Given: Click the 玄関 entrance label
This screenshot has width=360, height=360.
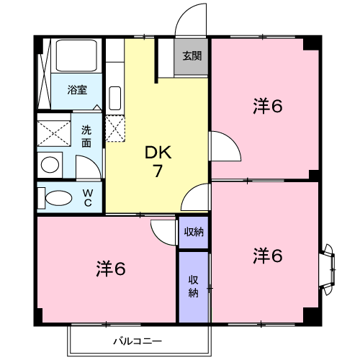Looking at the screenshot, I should [192, 55].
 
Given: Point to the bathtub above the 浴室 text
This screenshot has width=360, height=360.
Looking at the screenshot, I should [78, 57].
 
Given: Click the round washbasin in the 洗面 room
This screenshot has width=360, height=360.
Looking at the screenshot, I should [50, 165].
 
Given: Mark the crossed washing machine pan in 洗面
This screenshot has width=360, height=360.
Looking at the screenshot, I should [55, 134].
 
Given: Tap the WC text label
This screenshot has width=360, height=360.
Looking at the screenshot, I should [87, 197].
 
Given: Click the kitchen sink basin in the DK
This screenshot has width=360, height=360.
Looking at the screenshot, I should [114, 96].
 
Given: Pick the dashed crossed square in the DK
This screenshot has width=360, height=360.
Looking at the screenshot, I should [115, 128].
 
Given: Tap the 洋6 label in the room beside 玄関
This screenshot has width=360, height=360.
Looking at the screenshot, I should [266, 106].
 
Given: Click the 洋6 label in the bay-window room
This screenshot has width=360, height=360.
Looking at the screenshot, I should [266, 255].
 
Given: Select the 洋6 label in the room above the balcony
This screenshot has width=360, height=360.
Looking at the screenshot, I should [111, 269].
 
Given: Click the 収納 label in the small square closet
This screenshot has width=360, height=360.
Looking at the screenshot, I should [193, 232].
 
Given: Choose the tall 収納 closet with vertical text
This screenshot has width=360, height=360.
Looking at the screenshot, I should [193, 286].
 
